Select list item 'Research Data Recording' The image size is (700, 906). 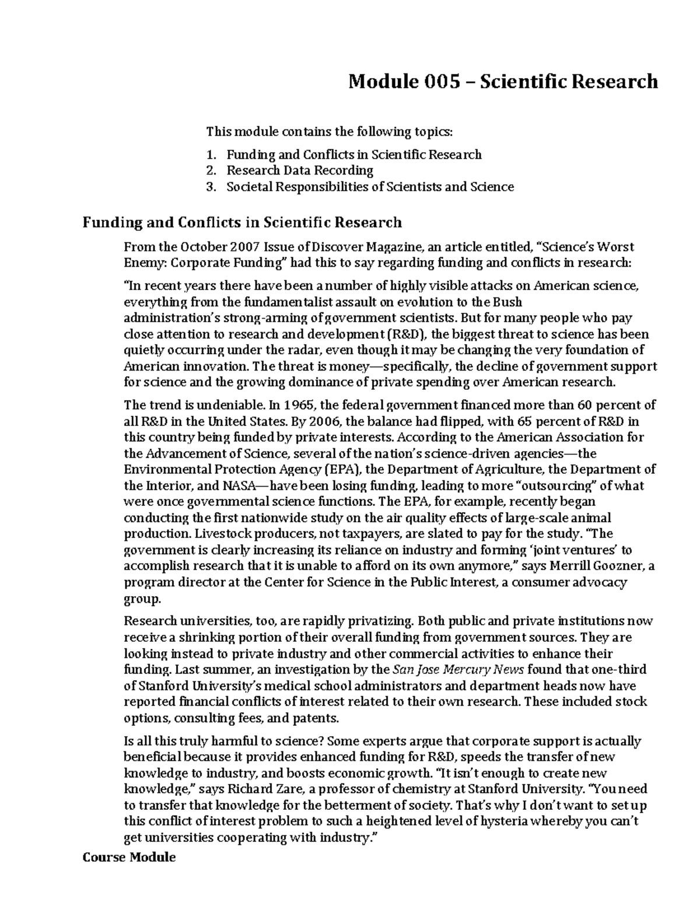pos(300,170)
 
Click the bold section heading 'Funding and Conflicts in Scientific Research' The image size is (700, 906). pos(242,222)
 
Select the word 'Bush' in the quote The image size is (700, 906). pos(507,302)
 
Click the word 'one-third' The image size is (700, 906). pos(618,669)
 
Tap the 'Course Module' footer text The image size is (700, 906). pos(129,858)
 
